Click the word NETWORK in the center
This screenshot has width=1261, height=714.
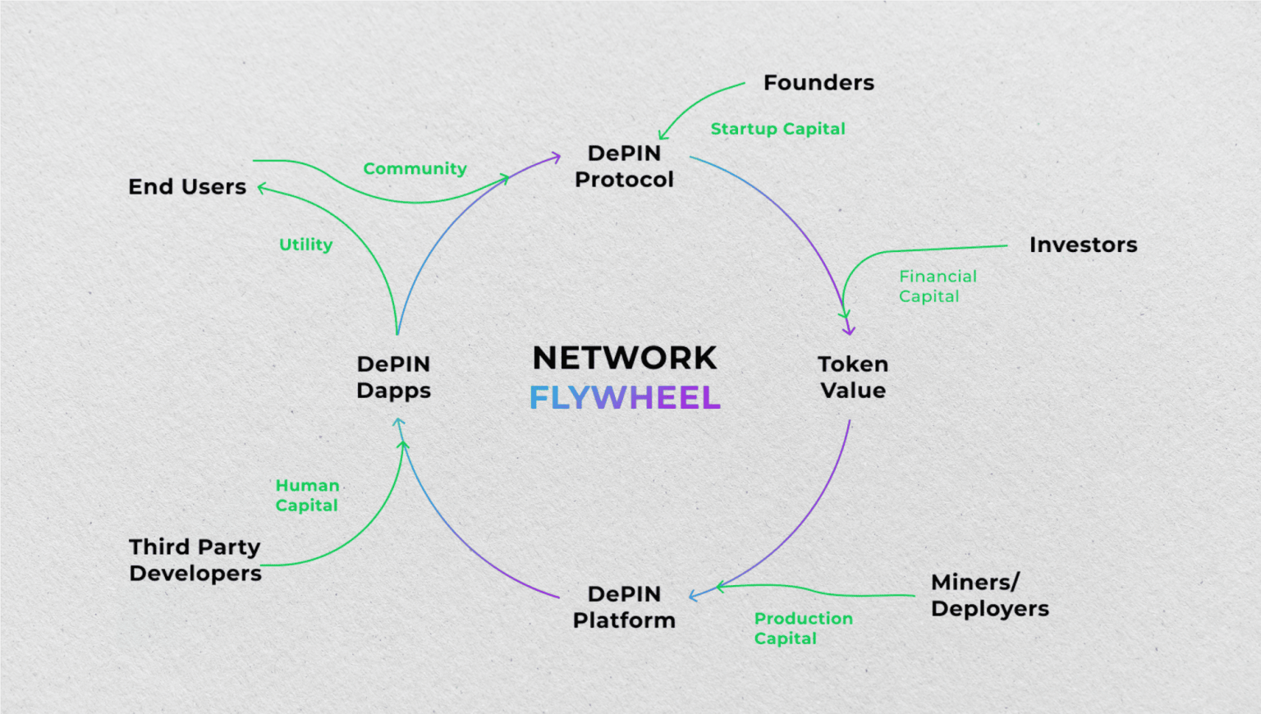tap(625, 359)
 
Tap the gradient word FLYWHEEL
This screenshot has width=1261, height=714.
tap(625, 398)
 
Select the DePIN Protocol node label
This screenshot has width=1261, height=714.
tap(624, 167)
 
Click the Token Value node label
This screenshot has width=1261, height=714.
tap(853, 378)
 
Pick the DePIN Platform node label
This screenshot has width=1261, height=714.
tap(624, 607)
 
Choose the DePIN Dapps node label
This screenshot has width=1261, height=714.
tap(393, 378)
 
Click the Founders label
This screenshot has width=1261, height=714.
tap(819, 83)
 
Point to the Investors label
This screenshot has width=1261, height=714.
tap(1083, 245)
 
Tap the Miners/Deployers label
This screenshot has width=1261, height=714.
tap(989, 596)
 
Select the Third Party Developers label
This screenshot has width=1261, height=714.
tap(195, 561)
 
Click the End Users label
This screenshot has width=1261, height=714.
tap(187, 187)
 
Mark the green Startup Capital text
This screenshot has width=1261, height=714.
tap(777, 129)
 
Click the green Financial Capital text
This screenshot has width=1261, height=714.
tap(937, 286)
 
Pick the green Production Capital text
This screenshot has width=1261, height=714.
tap(803, 629)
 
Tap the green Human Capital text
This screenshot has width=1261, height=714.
tap(307, 496)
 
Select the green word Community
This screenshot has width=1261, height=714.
tap(415, 168)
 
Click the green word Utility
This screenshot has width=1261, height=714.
tap(305, 245)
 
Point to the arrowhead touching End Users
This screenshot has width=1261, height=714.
tap(261, 188)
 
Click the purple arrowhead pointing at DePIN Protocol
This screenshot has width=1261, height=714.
tap(557, 156)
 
